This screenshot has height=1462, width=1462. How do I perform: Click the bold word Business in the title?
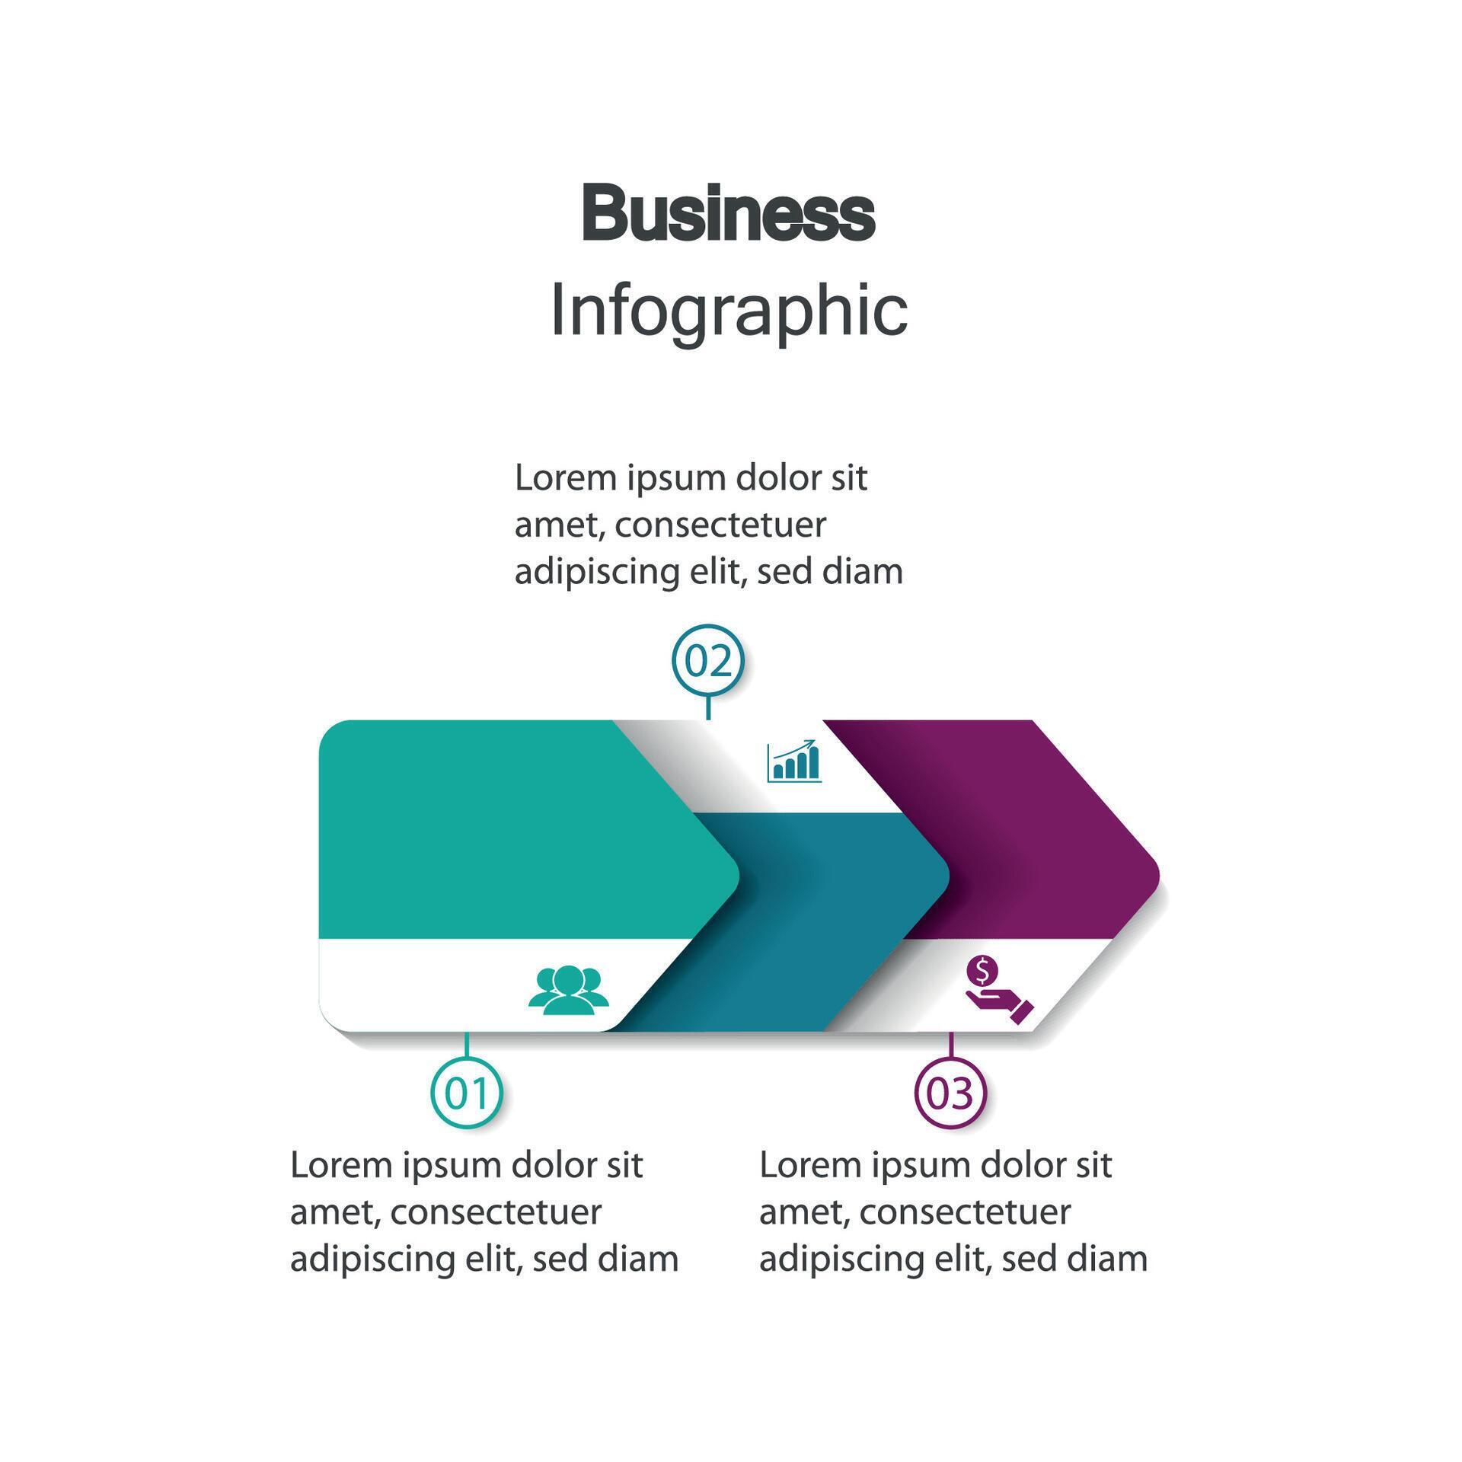728,212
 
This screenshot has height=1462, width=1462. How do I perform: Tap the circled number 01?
466,1093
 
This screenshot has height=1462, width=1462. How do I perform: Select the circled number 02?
707,660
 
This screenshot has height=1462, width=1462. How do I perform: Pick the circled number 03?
950,1093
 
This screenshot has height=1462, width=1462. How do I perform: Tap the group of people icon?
568,990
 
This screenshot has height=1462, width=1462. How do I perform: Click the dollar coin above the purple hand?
982,972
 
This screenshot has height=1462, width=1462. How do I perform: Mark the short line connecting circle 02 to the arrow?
708,707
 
